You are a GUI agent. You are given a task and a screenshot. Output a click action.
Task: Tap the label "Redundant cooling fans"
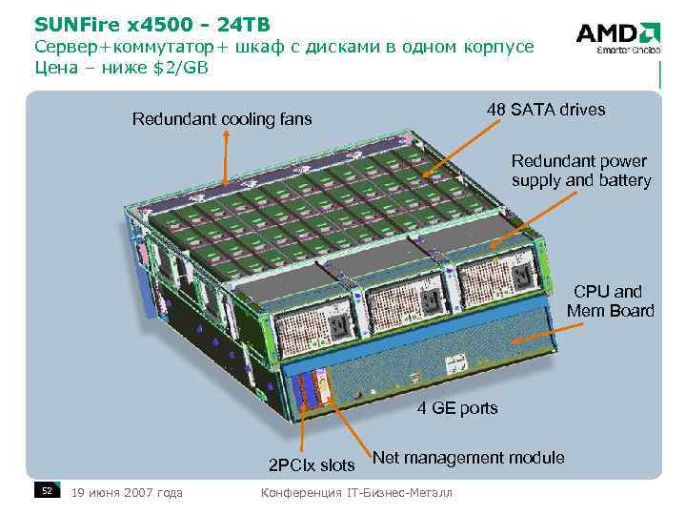pos(222,119)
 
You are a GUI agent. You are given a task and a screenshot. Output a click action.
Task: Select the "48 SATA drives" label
pos(545,109)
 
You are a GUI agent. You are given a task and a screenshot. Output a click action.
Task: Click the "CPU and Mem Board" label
pos(610,300)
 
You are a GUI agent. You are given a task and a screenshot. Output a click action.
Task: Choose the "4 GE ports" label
pos(457,408)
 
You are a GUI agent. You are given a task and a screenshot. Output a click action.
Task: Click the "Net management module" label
pos(469,458)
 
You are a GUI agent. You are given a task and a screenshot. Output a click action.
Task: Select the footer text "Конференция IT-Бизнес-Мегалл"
pos(357,492)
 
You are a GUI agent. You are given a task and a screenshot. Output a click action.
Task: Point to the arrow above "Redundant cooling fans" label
pos(226,157)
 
